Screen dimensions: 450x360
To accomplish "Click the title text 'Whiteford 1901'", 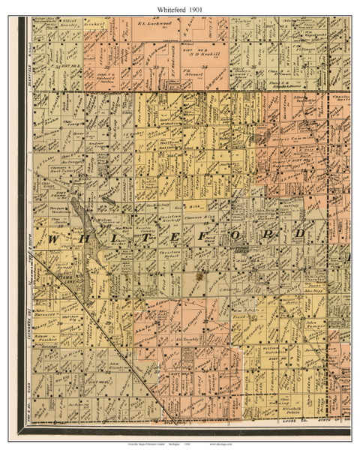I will [179, 7].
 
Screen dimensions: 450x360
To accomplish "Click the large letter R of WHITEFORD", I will [265, 235].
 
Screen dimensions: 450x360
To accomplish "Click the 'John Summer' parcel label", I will [313, 322].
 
